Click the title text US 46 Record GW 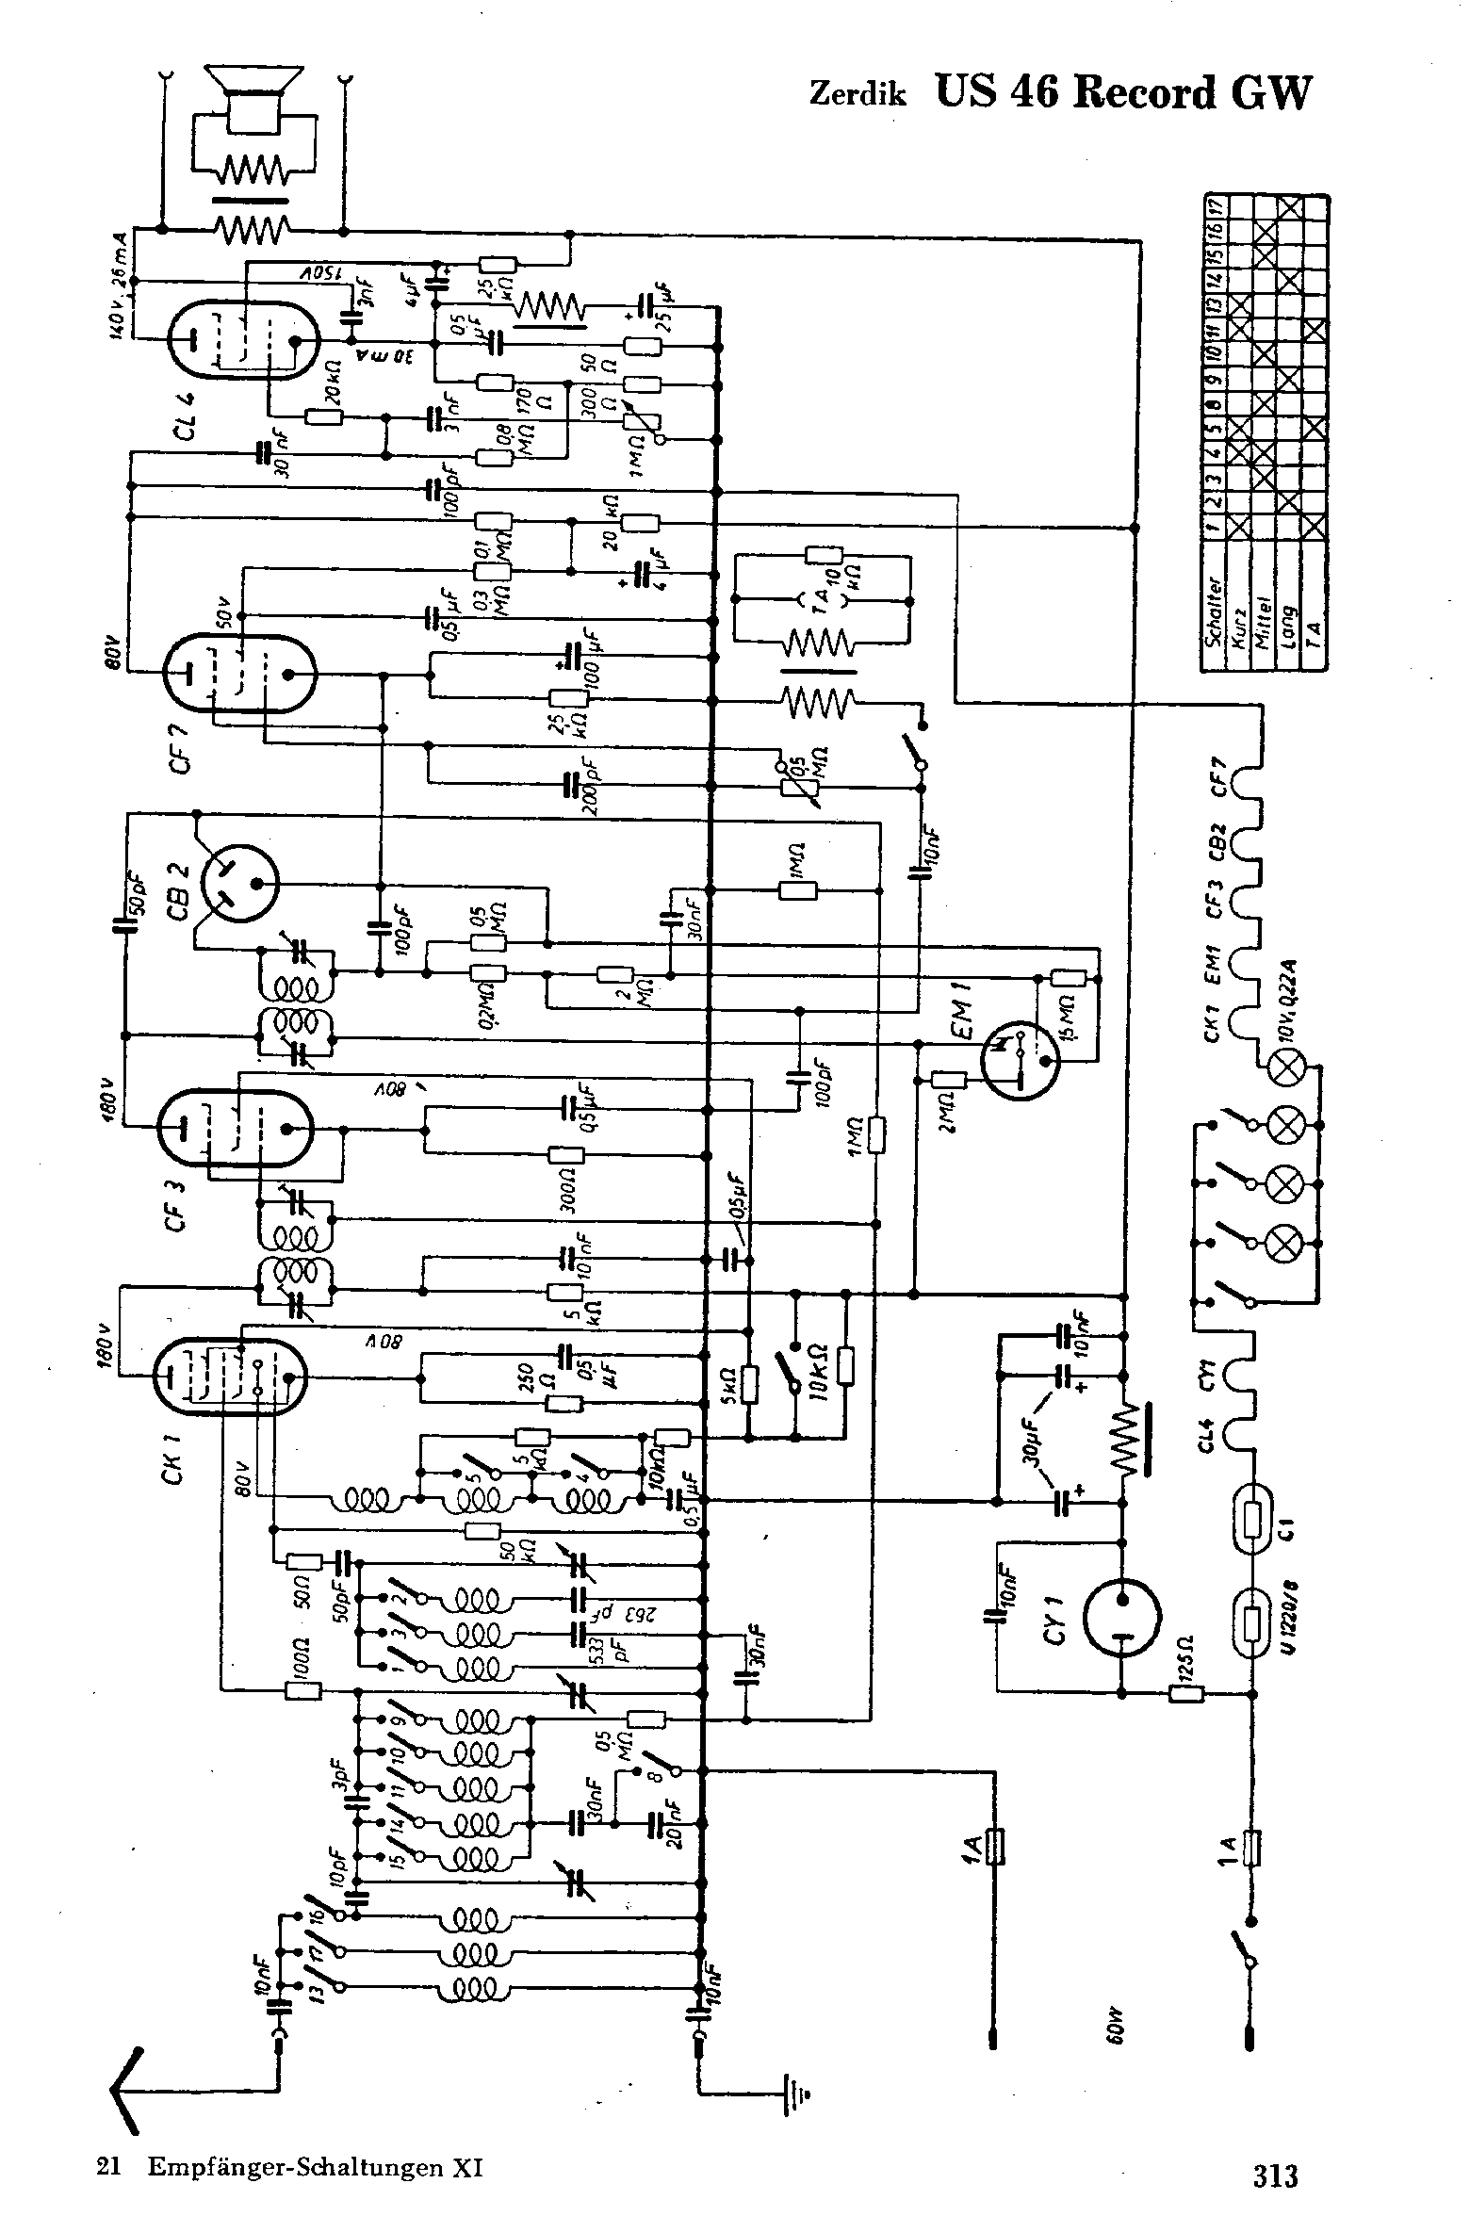coord(1121,93)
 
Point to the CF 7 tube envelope coord(239,675)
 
